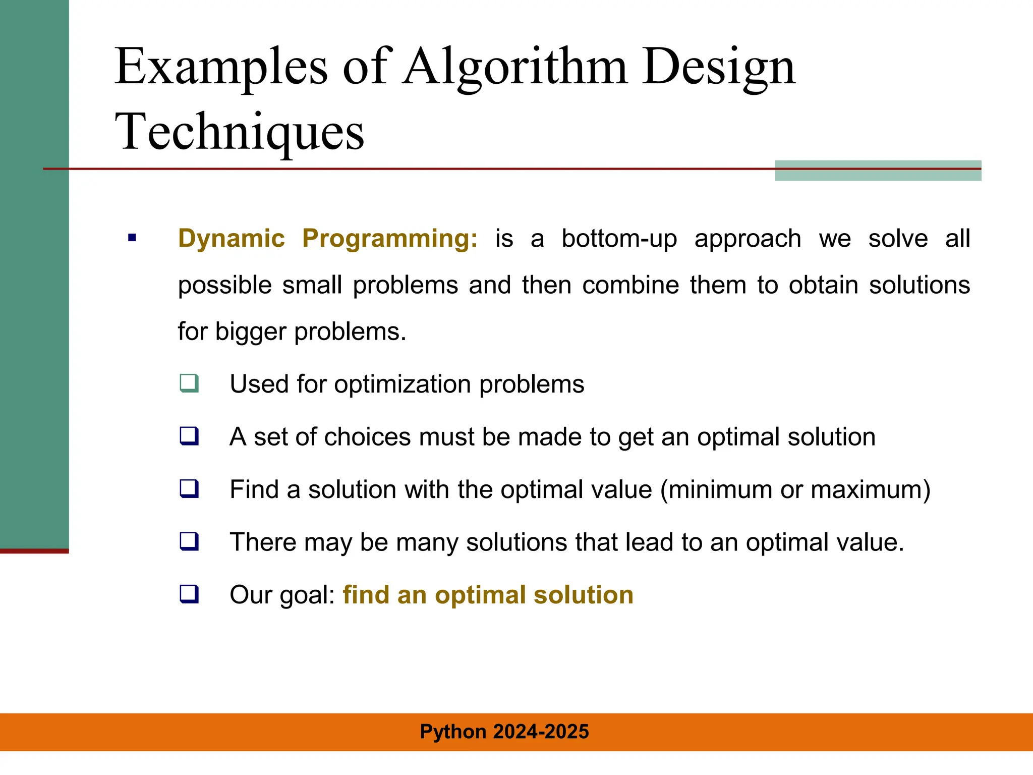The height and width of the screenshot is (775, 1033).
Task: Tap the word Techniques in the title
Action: tap(239, 132)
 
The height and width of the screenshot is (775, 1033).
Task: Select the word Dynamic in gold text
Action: tap(232, 238)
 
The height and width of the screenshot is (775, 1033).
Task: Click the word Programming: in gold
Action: tap(389, 239)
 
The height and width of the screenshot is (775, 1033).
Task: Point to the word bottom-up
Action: tap(619, 239)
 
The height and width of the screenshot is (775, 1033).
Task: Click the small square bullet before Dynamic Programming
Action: tap(132, 238)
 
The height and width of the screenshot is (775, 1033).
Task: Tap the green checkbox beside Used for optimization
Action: tap(189, 383)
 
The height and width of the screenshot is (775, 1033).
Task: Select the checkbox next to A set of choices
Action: tap(189, 435)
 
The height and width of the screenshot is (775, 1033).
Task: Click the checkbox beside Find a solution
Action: tap(189, 488)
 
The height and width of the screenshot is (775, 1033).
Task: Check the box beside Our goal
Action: tap(189, 594)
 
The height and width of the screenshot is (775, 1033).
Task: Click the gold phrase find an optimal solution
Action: tap(488, 595)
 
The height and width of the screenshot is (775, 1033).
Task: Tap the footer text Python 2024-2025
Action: tap(504, 732)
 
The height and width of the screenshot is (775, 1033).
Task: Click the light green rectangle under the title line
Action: tap(878, 175)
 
